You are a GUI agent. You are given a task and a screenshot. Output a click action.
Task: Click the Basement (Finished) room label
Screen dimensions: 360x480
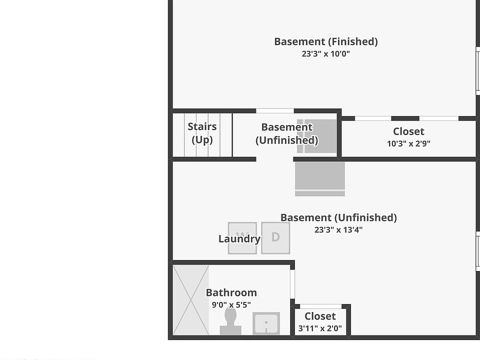(325, 41)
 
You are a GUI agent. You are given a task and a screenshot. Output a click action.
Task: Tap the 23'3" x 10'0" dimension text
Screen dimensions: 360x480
(325, 54)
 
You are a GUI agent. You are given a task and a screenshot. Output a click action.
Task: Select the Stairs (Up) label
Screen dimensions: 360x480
(202, 133)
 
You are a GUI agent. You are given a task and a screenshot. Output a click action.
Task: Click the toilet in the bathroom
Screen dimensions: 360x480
(230, 321)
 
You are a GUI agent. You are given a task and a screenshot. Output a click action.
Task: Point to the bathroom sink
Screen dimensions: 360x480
(266, 323)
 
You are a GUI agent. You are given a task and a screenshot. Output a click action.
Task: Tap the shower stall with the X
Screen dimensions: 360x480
(191, 300)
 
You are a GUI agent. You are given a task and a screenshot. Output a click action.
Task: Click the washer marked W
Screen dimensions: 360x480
(242, 237)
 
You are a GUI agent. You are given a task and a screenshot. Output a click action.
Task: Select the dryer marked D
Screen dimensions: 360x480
(275, 237)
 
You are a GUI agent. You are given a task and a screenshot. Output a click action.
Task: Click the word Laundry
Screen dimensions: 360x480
(239, 239)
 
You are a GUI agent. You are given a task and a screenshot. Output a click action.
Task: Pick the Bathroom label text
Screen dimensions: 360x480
(231, 292)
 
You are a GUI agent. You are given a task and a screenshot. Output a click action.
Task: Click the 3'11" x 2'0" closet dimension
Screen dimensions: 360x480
(320, 328)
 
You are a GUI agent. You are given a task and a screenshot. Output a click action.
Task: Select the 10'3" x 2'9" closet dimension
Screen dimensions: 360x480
(408, 143)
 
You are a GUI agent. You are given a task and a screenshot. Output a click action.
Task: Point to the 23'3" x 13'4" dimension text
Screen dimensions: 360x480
(338, 230)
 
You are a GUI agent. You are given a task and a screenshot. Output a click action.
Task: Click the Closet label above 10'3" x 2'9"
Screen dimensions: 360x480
(408, 131)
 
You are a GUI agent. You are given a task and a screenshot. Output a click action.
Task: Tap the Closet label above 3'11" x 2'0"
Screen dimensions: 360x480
(320, 316)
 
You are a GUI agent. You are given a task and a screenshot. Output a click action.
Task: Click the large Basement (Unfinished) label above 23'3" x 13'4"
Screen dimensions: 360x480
(338, 217)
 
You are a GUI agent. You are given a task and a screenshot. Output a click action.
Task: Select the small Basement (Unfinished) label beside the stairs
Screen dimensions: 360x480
(286, 133)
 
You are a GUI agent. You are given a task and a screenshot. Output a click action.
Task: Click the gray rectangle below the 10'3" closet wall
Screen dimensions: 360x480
(319, 178)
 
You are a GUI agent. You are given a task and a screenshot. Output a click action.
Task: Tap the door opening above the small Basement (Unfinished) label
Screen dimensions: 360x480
(275, 111)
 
